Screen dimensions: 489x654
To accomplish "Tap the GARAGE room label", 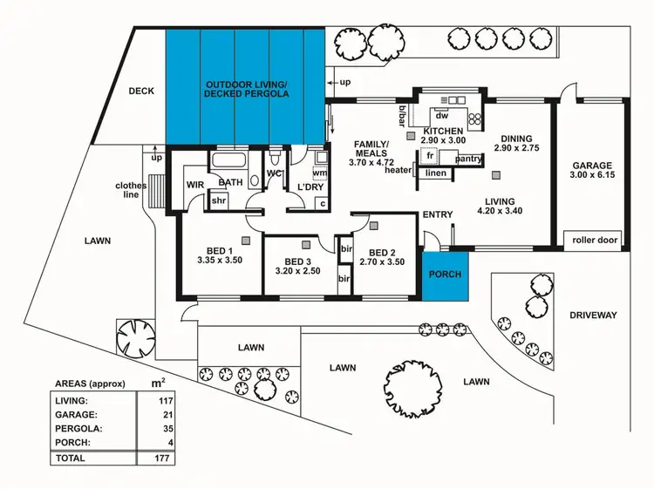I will click(592, 165).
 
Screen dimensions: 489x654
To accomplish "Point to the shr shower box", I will click(219, 201).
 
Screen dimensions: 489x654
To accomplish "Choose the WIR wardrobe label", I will click(194, 185).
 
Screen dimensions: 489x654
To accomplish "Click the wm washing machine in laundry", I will click(319, 173).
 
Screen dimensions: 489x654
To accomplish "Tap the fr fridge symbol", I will click(429, 158).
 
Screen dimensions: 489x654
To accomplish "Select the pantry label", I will click(468, 159).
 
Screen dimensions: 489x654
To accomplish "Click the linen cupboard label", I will click(436, 173).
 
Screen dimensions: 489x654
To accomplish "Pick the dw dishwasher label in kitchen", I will click(441, 115).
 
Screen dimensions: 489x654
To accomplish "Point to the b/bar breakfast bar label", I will click(402, 115).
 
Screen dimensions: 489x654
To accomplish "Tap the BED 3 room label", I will click(298, 261).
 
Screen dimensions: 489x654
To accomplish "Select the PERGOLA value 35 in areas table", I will click(159, 428).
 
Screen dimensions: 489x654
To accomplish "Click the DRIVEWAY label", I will click(593, 315).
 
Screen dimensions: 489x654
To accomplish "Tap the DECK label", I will click(141, 91).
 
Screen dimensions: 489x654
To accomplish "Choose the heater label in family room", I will click(397, 170).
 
